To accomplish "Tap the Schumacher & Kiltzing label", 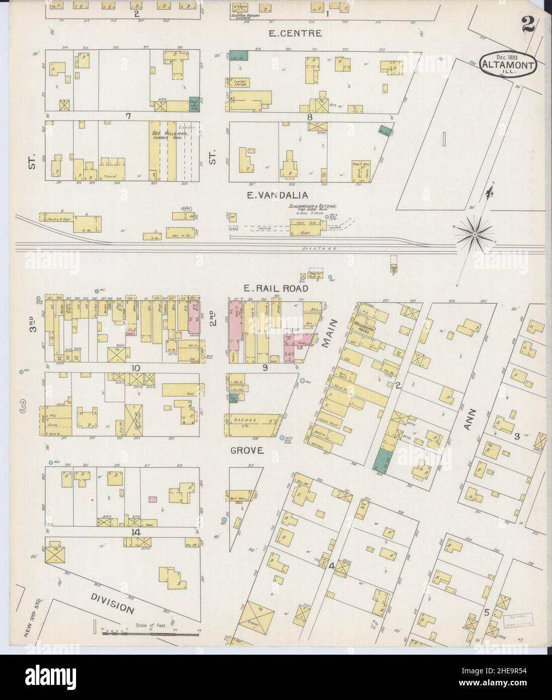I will click(x=312, y=206).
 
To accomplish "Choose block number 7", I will click(x=129, y=116).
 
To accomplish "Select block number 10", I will click(x=135, y=368).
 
